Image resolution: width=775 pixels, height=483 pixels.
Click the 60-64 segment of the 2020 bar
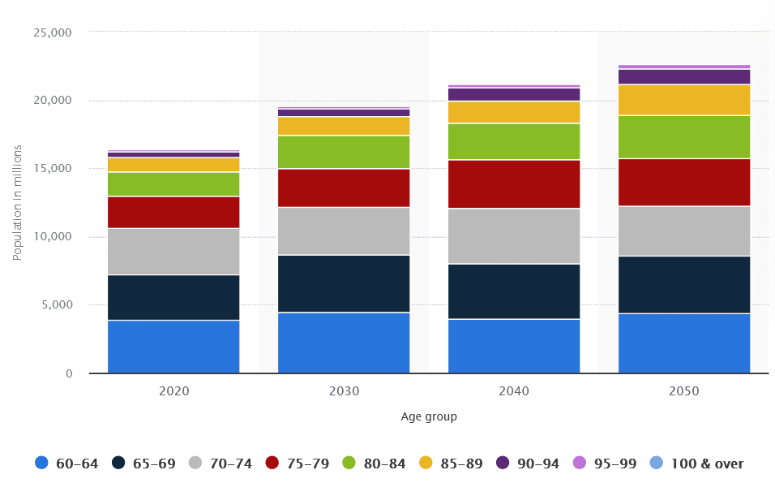coord(173,347)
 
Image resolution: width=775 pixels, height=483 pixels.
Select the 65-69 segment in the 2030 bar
coord(344,283)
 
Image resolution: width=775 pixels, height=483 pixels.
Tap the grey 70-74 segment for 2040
coord(514,236)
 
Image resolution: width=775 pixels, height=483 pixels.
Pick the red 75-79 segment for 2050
coord(684,182)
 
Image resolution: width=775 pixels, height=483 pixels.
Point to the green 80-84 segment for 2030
coord(344,152)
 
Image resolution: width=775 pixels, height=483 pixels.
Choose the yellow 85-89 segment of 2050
coord(684,100)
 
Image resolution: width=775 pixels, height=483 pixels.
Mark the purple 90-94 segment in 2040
coord(514,94)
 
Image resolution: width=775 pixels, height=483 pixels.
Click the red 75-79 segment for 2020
coord(173,212)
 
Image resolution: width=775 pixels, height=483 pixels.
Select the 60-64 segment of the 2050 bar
coord(684,343)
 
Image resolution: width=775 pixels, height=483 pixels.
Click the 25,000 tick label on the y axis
coord(53,32)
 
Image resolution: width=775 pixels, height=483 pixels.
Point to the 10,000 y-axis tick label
coord(53,237)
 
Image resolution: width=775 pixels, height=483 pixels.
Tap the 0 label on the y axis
coord(69,373)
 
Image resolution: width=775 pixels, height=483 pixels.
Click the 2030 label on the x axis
coord(344,391)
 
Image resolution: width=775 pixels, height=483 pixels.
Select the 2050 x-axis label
coord(684,391)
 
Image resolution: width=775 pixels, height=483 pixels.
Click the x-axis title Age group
coord(429,417)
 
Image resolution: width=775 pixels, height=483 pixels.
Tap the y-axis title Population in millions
coord(18,202)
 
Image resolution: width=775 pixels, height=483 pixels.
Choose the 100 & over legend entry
coord(696,464)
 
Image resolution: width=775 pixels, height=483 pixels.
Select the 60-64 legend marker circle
coord(42,463)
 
